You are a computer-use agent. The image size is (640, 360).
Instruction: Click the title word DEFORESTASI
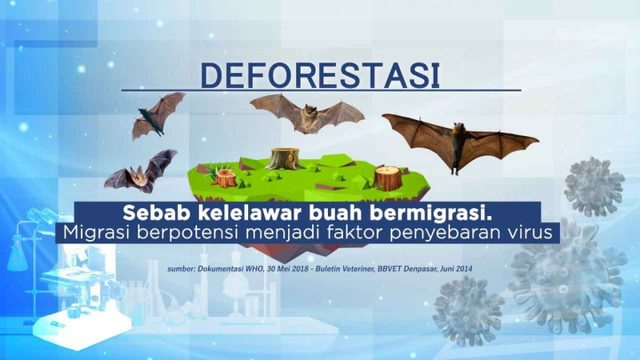[x=320, y=76]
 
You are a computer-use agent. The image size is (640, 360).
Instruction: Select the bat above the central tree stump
[x=307, y=114]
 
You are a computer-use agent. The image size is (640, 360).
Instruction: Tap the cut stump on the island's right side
[x=388, y=176]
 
